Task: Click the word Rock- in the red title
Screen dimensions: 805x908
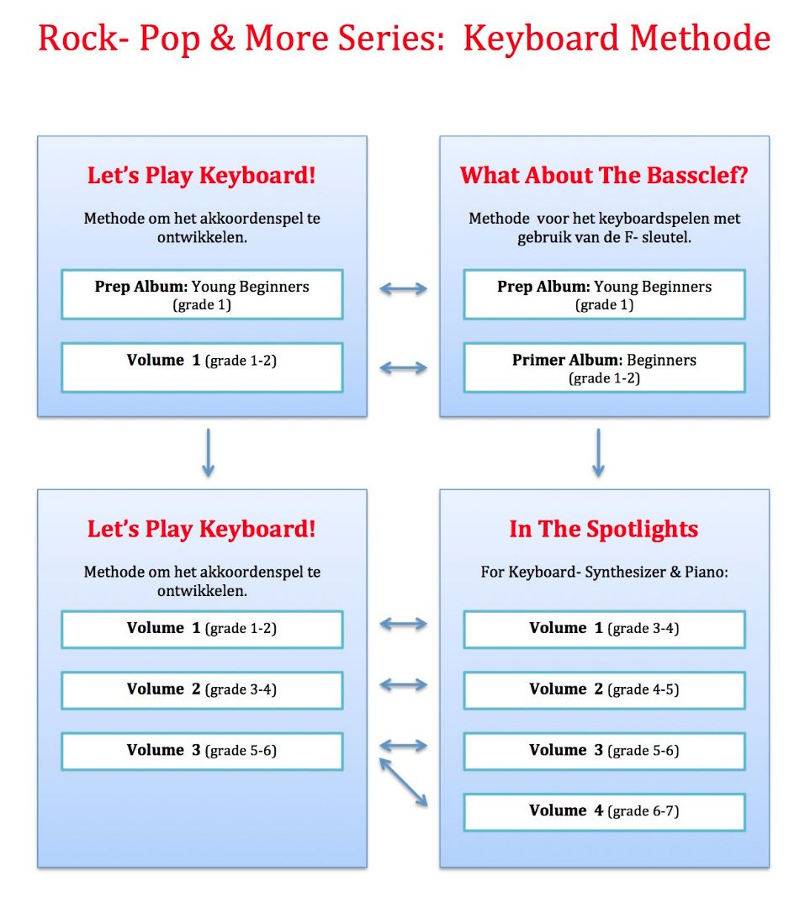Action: tap(78, 38)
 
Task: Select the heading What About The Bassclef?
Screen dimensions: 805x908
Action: tap(604, 175)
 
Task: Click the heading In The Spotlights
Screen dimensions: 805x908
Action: tap(604, 529)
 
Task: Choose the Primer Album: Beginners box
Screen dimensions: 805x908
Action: tap(604, 367)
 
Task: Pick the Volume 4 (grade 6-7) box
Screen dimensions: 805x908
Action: tap(604, 812)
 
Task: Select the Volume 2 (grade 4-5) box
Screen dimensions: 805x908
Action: tap(604, 689)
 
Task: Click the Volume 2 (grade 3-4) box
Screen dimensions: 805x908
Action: tap(202, 689)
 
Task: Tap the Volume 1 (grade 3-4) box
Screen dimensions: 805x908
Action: tap(604, 629)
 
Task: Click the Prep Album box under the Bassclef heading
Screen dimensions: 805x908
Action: tap(604, 294)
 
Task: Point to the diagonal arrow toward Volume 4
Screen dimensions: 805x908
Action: tap(404, 783)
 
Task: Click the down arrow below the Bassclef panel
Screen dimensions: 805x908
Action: tap(598, 453)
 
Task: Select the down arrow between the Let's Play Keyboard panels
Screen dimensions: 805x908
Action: tap(208, 453)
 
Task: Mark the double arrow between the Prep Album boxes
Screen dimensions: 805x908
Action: tap(404, 288)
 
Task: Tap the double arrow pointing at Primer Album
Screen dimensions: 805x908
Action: tap(404, 367)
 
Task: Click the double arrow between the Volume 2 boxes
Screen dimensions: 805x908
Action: tap(404, 685)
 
